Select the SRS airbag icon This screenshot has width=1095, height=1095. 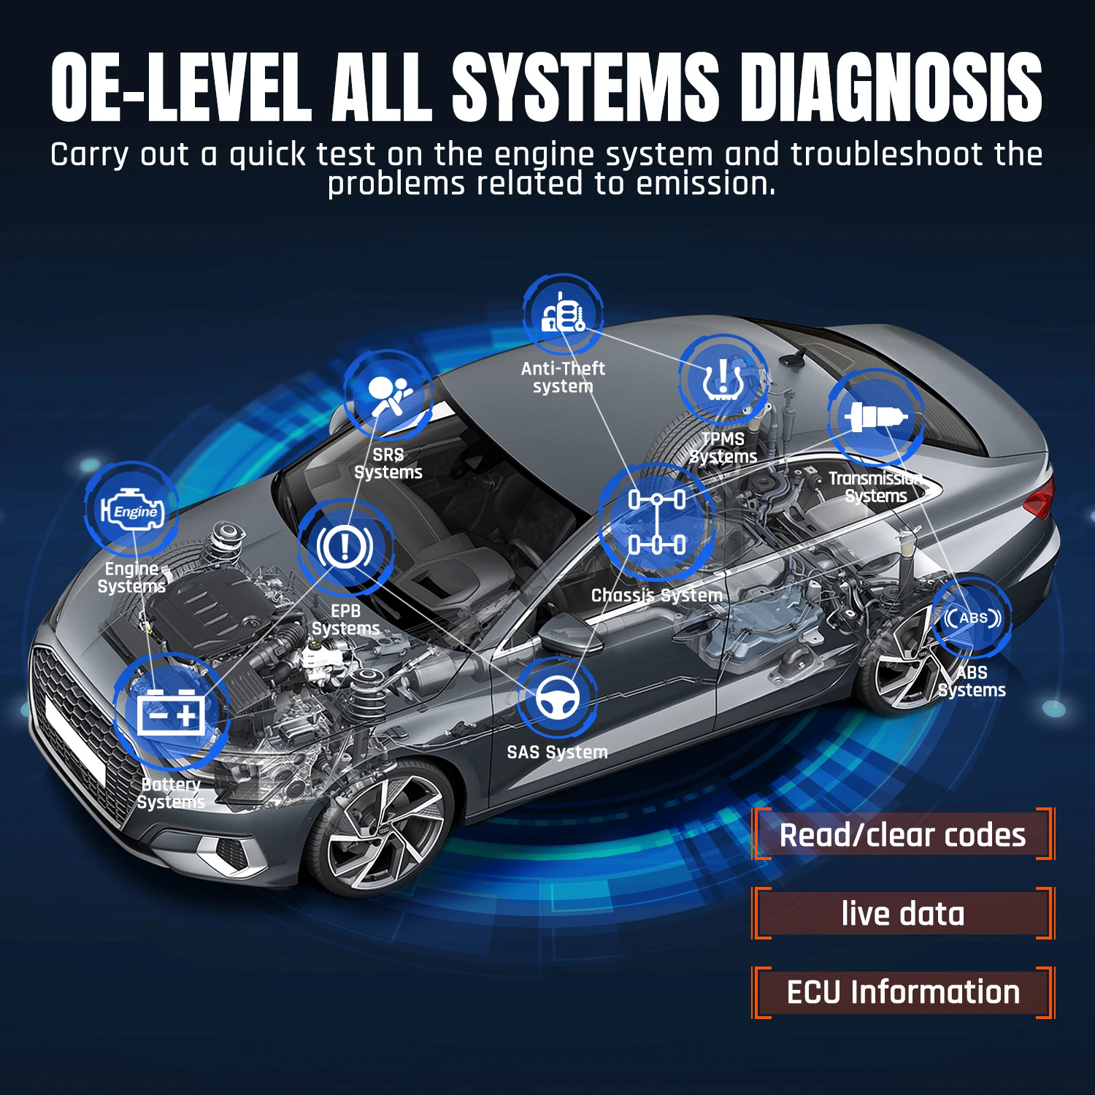click(x=388, y=396)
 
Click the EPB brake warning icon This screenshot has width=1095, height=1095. click(x=345, y=547)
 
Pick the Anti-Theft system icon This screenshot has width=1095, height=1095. click(x=563, y=315)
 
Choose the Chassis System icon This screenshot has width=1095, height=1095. click(x=656, y=521)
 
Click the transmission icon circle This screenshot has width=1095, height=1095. click(x=875, y=417)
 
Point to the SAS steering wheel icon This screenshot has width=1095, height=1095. click(x=558, y=698)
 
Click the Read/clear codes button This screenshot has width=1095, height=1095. click(x=903, y=834)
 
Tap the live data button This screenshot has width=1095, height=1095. click(x=903, y=913)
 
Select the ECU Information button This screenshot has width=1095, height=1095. click(x=903, y=992)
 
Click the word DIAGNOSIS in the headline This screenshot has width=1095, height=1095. click(x=891, y=88)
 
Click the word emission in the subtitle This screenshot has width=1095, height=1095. click(x=704, y=184)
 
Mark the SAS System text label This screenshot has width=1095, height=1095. click(x=557, y=752)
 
